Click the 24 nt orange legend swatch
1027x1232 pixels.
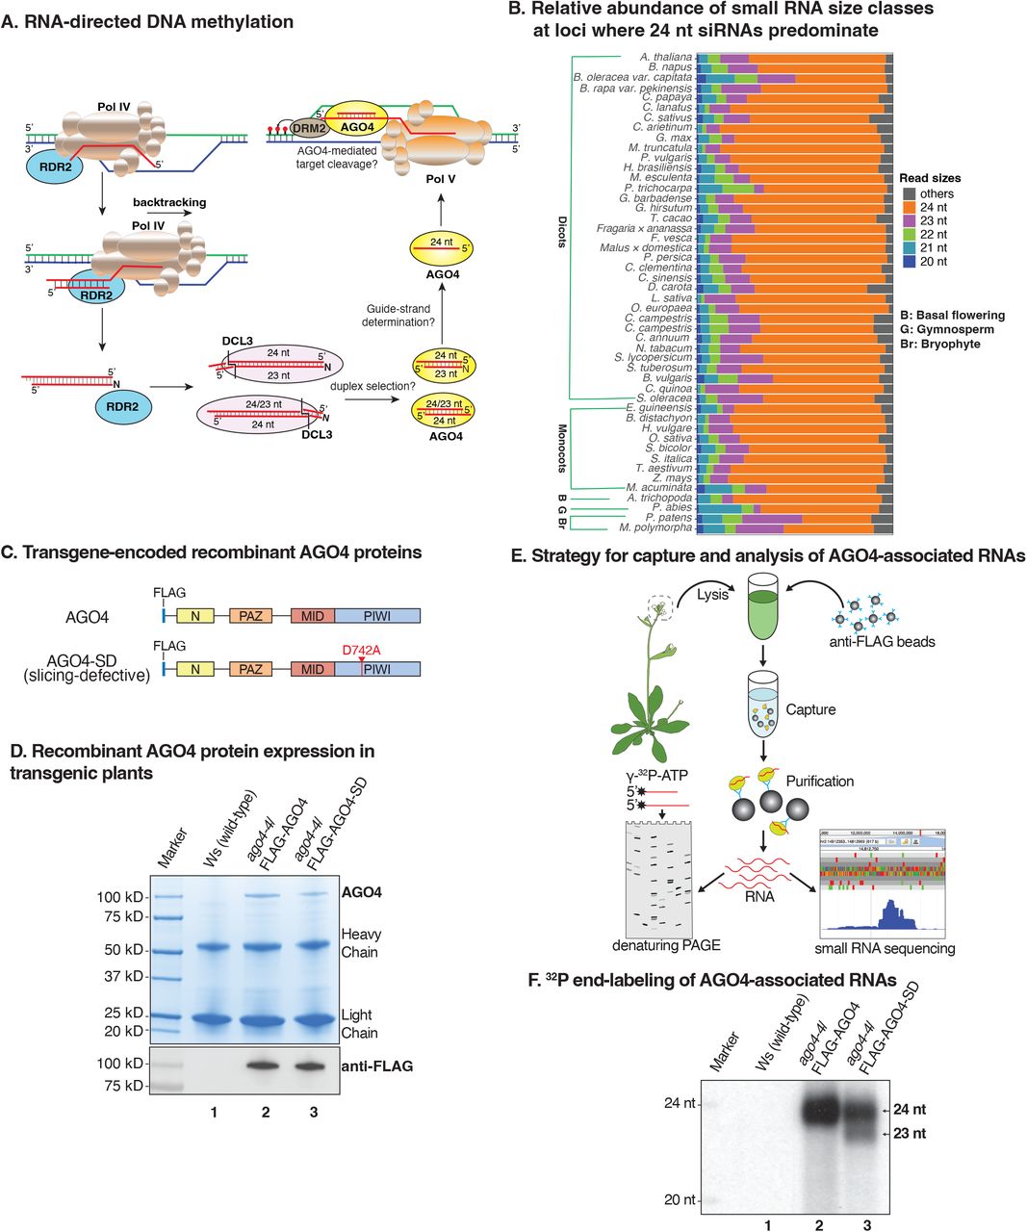pyautogui.click(x=909, y=208)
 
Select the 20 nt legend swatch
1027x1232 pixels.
pyautogui.click(x=909, y=262)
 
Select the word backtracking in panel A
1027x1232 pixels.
pyautogui.click(x=169, y=203)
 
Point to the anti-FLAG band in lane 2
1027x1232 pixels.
pyautogui.click(x=265, y=1065)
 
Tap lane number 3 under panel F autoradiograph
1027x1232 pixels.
pyautogui.click(x=867, y=1224)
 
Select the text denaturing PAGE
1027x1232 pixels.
pyautogui.click(x=667, y=946)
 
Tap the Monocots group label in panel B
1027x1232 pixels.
pyautogui.click(x=561, y=448)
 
